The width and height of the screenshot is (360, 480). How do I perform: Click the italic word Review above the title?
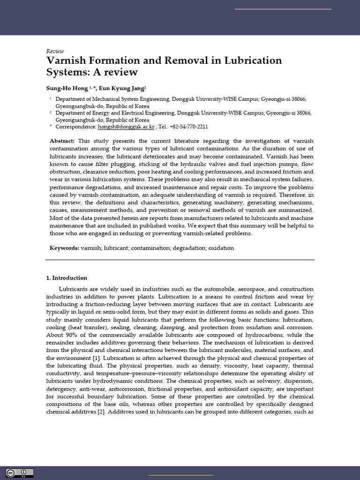55,51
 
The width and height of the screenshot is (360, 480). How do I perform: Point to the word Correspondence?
75,127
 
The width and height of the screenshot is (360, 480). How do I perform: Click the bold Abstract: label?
62,141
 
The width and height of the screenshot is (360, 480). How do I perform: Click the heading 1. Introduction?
67,278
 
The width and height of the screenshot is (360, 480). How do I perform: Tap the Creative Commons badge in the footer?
20,472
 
